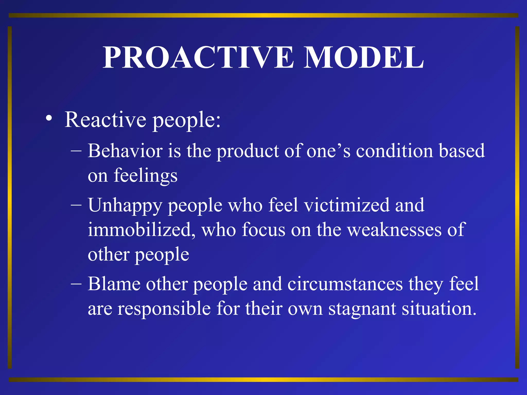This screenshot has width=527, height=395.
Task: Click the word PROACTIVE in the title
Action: tap(198, 58)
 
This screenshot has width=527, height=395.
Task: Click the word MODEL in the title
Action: tap(363, 58)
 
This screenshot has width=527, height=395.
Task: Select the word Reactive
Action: tap(106, 120)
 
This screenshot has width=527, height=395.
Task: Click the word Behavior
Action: tap(125, 151)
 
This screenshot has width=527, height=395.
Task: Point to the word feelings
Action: tap(146, 175)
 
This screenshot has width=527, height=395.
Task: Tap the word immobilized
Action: tap(141, 230)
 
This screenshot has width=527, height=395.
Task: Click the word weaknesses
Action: tap(394, 230)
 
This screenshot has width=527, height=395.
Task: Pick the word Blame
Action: tap(114, 284)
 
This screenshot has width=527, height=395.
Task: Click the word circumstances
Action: tap(345, 284)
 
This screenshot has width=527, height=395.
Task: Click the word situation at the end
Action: tap(439, 309)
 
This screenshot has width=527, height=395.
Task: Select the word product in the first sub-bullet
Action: tap(248, 151)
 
